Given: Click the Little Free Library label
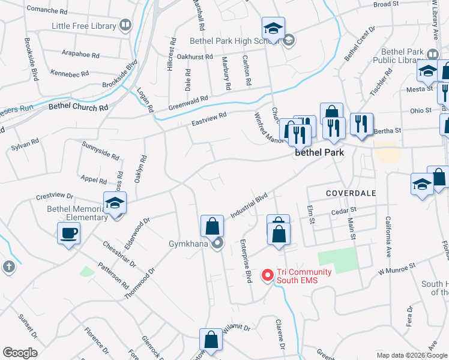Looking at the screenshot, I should [84, 26].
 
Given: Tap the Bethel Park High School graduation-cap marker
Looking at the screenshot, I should [273, 28].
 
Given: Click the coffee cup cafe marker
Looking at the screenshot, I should [68, 233].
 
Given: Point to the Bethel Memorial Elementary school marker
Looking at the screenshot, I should [115, 203].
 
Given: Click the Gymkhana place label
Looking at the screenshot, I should [188, 244].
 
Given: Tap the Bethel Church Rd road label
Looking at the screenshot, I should [78, 106].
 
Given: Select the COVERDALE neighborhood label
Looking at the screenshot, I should [351, 193].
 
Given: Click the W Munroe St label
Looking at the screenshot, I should [397, 268].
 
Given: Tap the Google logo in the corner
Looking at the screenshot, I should [20, 352].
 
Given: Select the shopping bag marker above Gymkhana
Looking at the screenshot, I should [212, 226].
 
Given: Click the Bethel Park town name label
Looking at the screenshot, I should [319, 153].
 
